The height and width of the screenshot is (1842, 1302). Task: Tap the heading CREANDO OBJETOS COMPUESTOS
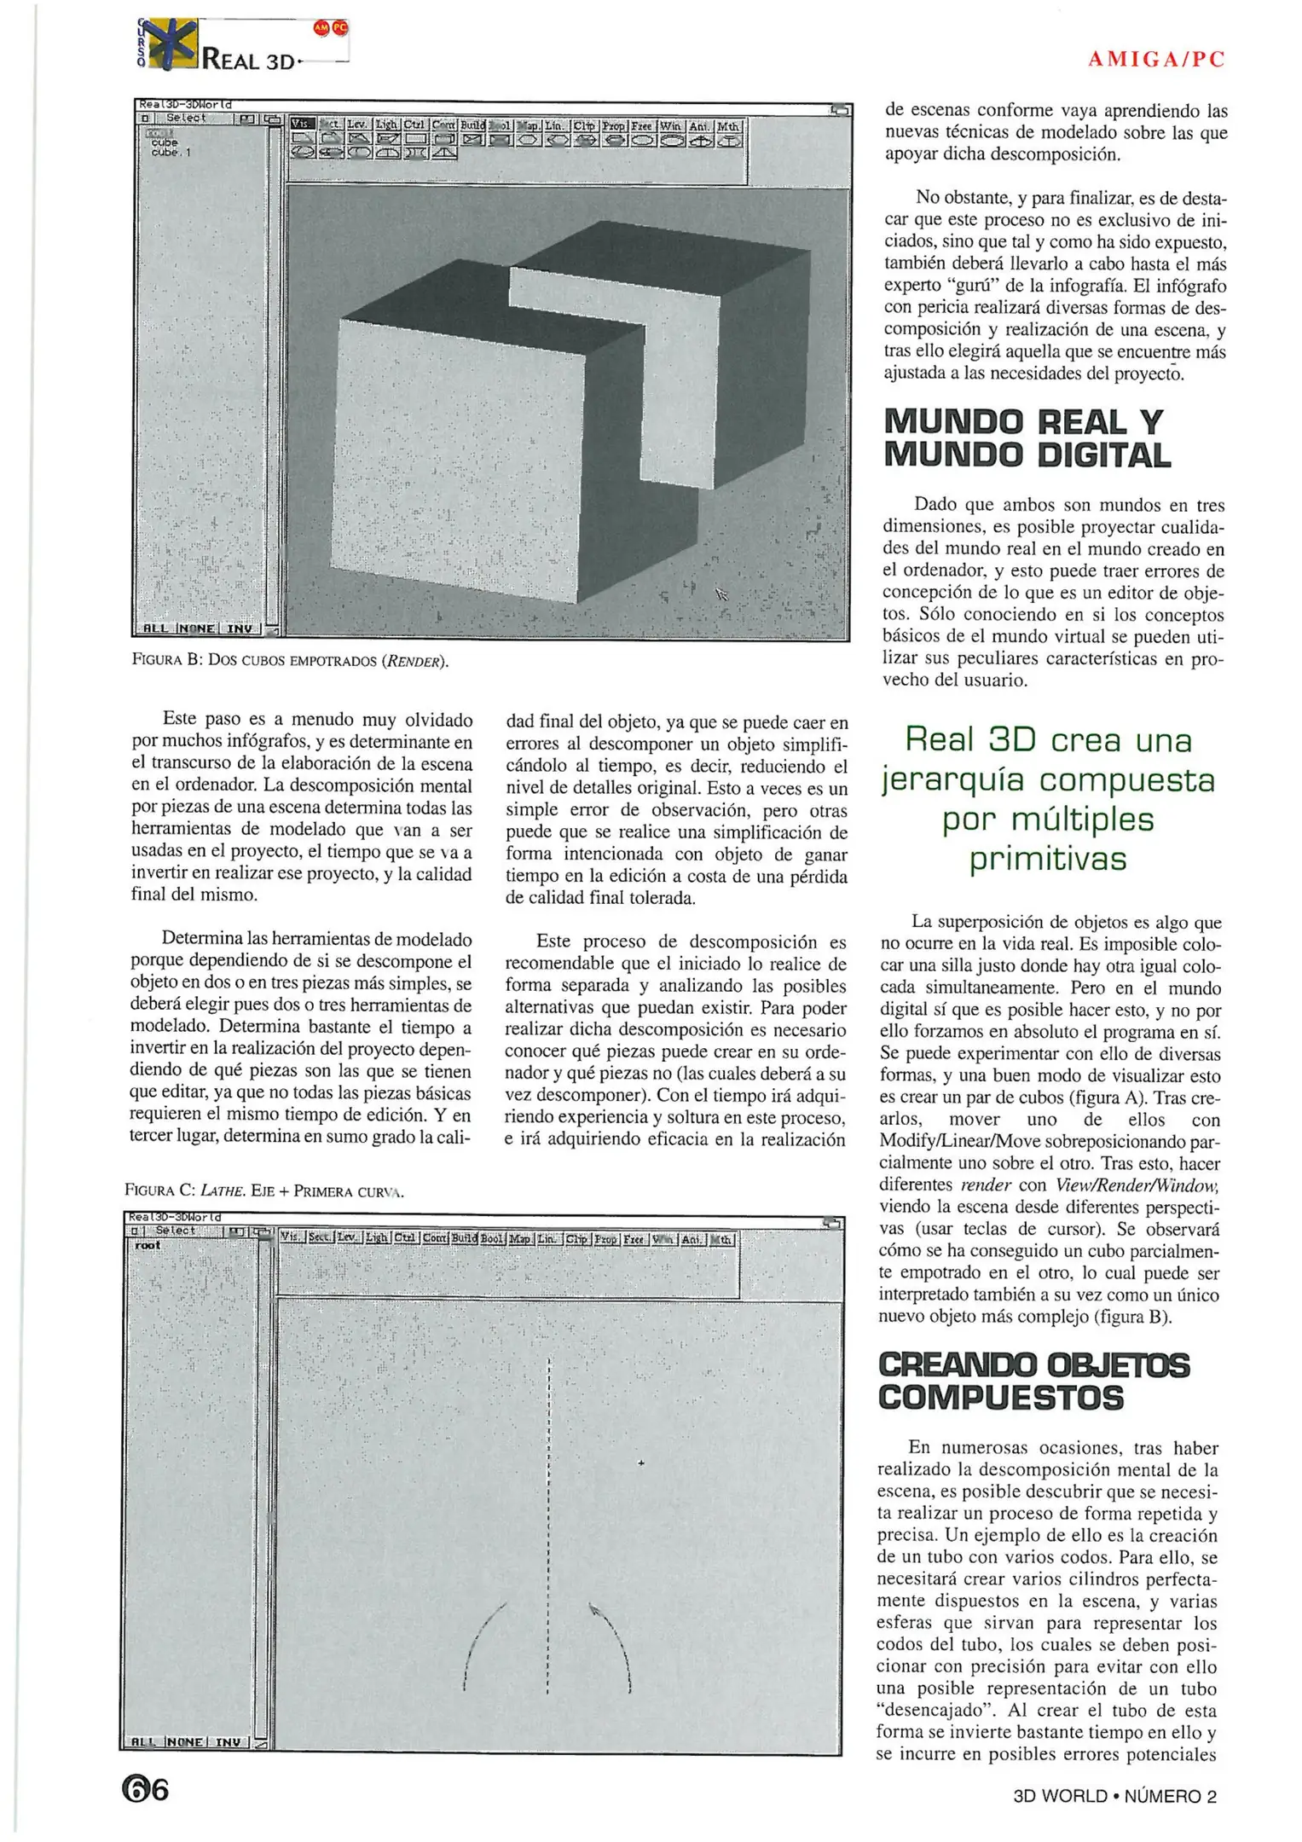[1033, 1381]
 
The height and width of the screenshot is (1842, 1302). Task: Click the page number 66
[145, 1788]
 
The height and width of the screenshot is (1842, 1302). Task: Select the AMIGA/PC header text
[1156, 60]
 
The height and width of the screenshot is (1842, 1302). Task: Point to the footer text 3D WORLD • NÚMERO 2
[1114, 1796]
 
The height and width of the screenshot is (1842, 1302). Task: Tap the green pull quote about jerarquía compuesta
[1048, 799]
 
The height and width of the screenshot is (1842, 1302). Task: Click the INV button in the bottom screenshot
[229, 1741]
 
